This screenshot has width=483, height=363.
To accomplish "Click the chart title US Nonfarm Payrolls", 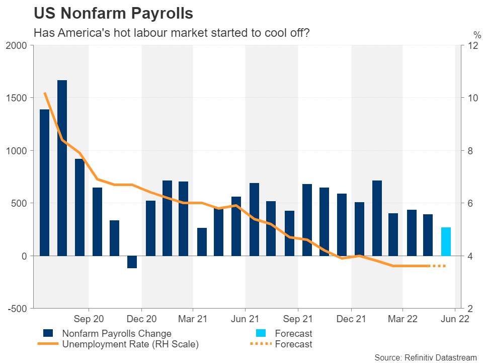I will point(113,14).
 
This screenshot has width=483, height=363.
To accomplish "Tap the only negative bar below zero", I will point(132,262).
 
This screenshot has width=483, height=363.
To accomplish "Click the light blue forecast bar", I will point(446,241).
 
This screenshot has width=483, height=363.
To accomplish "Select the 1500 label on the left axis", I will point(19,98).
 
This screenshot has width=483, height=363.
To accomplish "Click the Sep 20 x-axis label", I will point(89,319).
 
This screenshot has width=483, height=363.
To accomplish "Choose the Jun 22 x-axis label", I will point(455,319).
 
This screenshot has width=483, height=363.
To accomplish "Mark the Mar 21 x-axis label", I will point(193,319).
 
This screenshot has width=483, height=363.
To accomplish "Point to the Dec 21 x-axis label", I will point(351,319).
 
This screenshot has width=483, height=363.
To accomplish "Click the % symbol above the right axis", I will point(476,35).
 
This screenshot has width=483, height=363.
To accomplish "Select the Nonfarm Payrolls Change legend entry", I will point(116,333).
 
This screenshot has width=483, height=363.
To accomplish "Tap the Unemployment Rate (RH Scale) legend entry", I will point(130,344).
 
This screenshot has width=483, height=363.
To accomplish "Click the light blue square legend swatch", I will point(261,333).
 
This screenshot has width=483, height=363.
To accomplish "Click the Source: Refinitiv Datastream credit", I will point(425,357).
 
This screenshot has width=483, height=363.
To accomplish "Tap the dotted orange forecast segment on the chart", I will point(438,266).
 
